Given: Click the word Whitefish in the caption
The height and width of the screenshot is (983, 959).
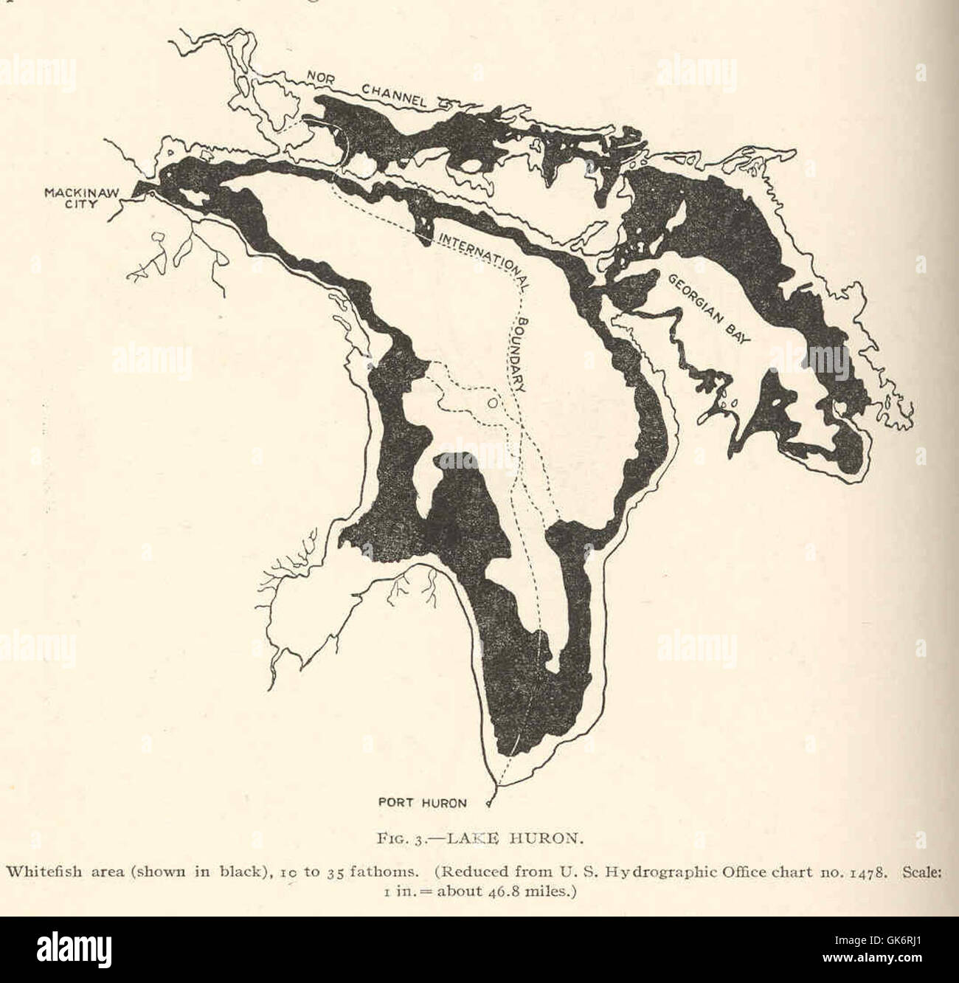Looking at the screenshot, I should (x=37, y=870).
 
